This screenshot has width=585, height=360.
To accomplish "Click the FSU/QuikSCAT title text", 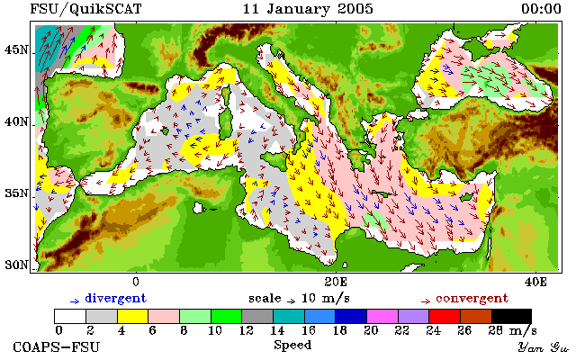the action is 85,9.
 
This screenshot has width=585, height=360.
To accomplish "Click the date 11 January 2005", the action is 308,9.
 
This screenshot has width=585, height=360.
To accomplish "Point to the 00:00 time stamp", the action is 541,9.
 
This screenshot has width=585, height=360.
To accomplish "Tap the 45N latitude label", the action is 16,49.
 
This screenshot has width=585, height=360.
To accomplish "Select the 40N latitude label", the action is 16,121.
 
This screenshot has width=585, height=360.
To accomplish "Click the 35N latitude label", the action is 16,193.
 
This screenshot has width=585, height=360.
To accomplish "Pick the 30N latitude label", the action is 16,265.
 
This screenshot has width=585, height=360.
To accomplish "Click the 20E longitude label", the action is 336,282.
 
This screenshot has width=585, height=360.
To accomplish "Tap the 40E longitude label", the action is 535,282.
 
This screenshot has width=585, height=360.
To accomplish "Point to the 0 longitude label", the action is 136,282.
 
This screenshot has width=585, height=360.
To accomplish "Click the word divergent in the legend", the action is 116,299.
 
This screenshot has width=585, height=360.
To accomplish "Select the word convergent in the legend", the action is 472,299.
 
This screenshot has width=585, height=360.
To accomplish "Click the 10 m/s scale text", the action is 325,299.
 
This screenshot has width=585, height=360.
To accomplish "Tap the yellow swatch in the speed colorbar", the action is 133,316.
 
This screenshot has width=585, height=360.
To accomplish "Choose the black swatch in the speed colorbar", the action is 511,316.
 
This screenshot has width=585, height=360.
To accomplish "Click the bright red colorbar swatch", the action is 445,316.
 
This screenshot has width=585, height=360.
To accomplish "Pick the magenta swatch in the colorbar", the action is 382,316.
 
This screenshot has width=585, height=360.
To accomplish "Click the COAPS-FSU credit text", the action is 57,347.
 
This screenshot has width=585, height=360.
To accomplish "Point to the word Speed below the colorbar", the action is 292,346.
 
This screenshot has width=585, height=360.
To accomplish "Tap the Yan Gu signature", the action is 543,347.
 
